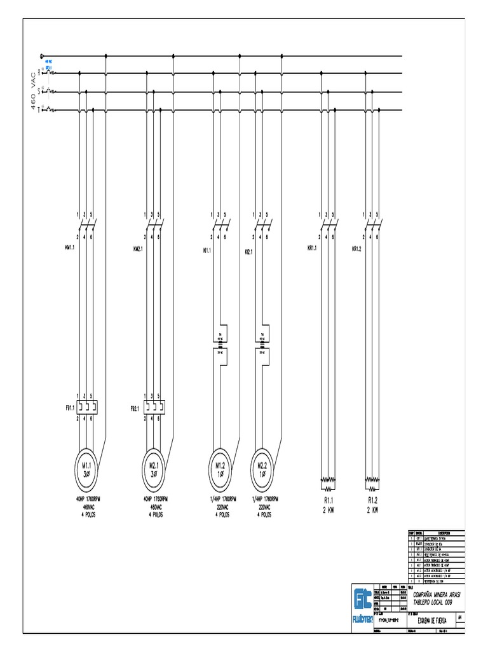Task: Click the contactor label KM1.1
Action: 69,248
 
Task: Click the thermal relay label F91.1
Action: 69,407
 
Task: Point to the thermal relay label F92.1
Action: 137,407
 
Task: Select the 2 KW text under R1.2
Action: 373,509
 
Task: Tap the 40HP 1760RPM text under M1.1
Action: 86,500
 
